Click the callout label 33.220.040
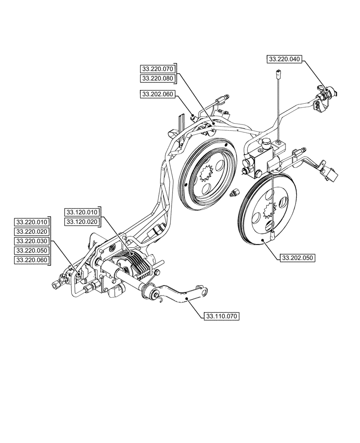point(284,59)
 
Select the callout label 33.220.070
point(158,69)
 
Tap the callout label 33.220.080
point(158,78)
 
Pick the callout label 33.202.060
point(158,94)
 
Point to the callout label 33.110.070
point(221,316)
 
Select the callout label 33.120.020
point(82,221)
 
